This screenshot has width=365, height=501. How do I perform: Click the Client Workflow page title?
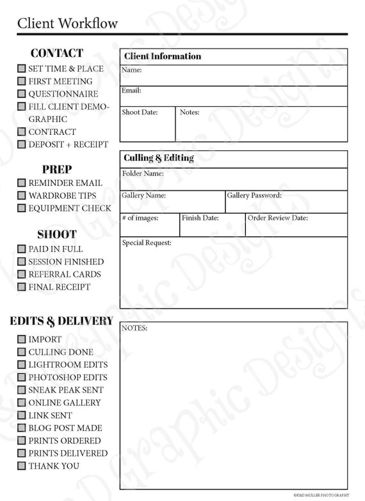(67, 24)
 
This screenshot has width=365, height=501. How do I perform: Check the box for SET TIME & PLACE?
(22, 68)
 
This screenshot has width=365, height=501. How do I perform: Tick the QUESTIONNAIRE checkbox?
(22, 94)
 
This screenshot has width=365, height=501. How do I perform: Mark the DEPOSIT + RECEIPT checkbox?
(22, 144)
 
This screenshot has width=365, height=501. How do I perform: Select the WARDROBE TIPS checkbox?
(22, 196)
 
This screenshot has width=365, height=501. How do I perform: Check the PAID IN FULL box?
(22, 249)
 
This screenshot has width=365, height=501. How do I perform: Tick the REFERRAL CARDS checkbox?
(22, 274)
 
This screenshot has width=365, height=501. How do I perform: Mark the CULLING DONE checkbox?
(22, 351)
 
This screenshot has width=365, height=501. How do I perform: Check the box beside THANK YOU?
(22, 466)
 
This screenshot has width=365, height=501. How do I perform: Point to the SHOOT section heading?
(56, 235)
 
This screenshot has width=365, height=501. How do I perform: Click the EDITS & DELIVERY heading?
(61, 321)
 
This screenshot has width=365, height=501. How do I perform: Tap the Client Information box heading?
(162, 56)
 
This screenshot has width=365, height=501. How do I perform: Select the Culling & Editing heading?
(158, 158)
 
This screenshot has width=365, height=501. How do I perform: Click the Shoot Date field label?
(140, 112)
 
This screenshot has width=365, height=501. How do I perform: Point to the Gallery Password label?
(254, 196)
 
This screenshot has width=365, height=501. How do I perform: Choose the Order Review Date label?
(278, 218)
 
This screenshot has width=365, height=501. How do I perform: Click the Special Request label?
(147, 243)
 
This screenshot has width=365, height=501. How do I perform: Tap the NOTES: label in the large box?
(134, 328)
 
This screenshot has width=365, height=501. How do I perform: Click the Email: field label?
(131, 91)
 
